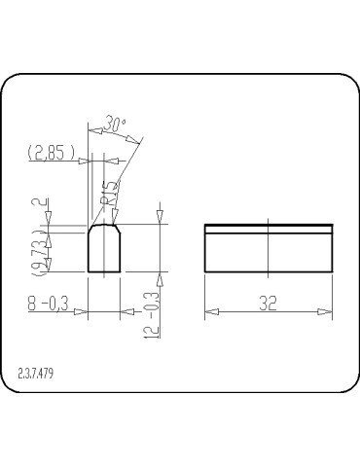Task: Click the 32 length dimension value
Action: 269,304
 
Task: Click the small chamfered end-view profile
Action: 104,249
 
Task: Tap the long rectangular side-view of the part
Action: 269,250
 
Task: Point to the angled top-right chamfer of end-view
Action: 117,230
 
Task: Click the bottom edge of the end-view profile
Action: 104,271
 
